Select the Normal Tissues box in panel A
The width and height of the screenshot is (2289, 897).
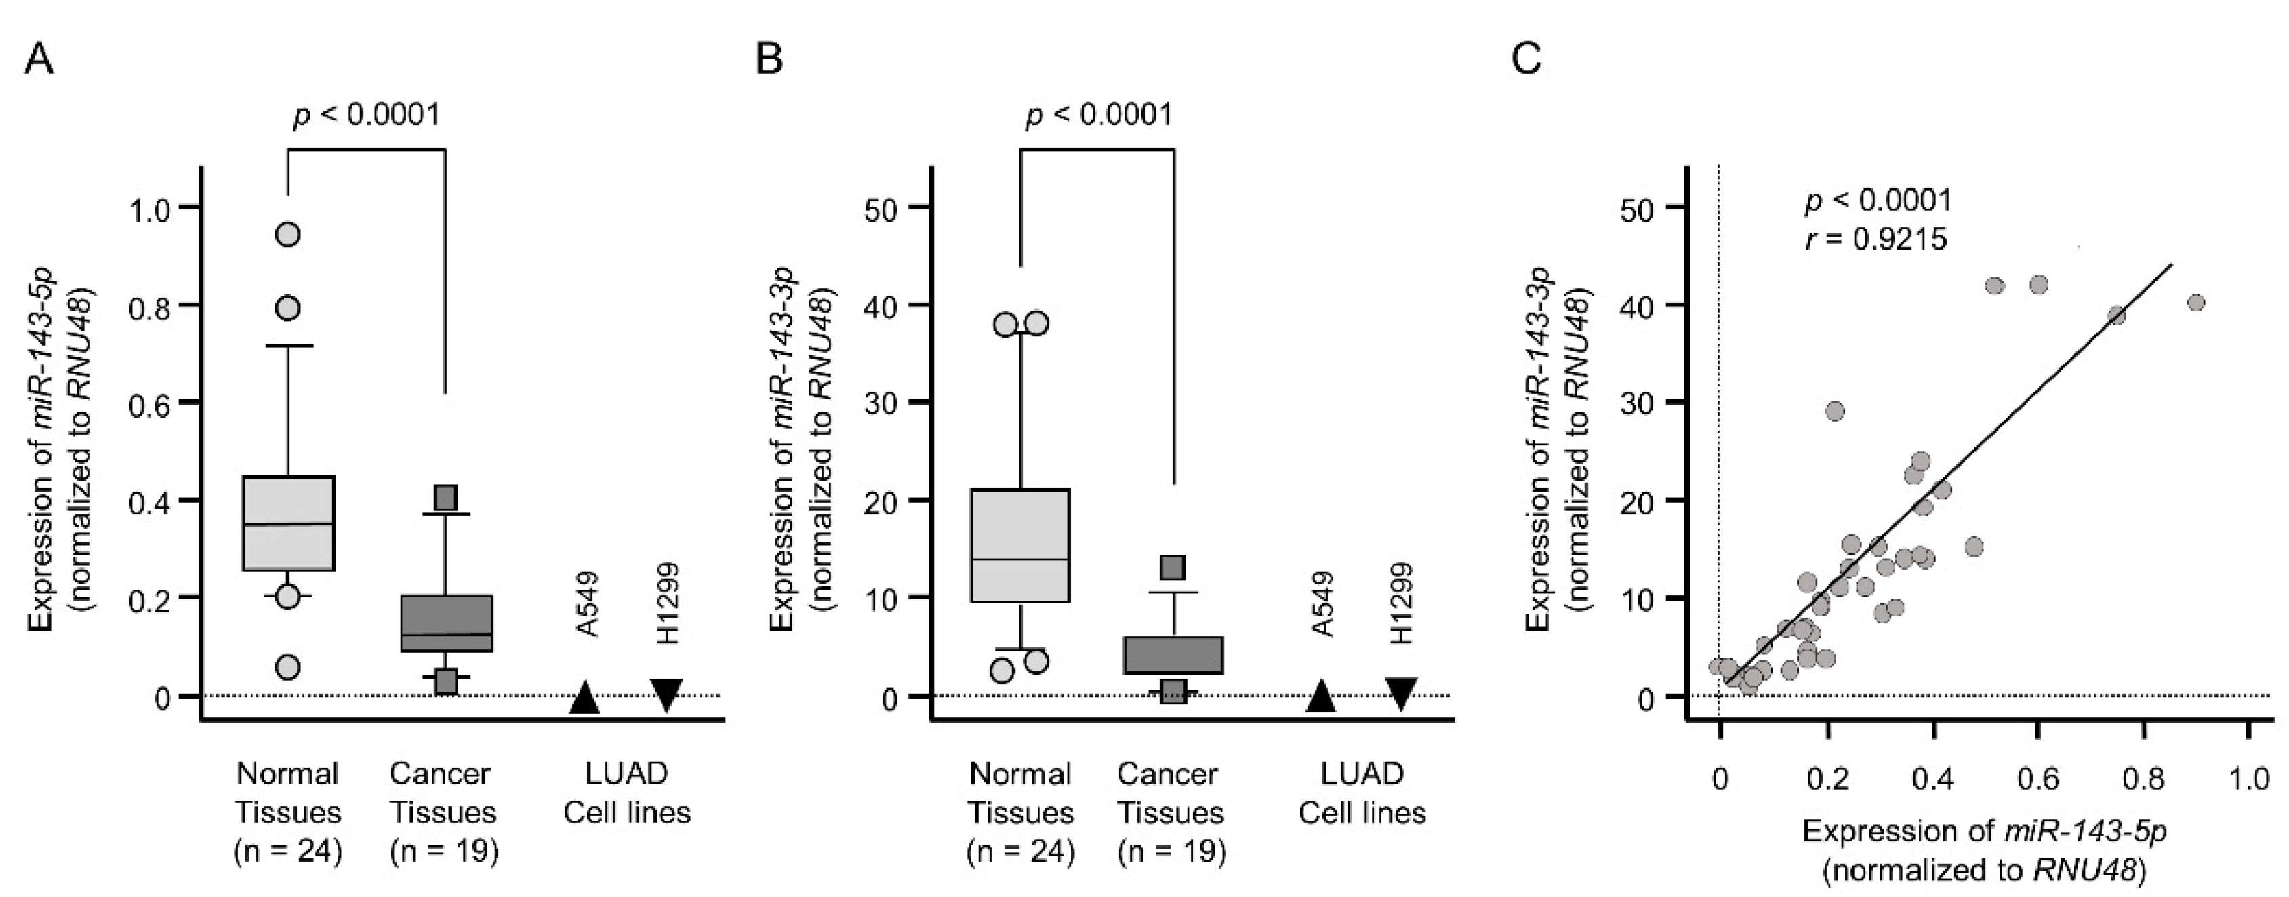pos(289,523)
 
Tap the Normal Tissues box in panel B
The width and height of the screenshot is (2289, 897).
pos(1020,545)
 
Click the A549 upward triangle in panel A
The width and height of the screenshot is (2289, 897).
pos(585,698)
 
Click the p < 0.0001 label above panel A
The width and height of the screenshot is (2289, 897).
pos(366,115)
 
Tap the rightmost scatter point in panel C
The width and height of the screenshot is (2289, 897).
pos(2195,303)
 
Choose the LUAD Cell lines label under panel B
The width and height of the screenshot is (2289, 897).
pos(1362,793)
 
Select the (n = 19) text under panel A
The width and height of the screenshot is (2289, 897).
pos(444,852)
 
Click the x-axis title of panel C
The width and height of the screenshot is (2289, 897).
pos(1984,850)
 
